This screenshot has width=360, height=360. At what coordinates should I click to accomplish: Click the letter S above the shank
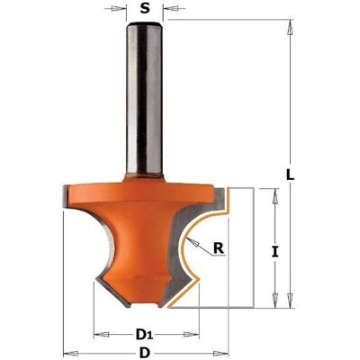(x=145, y=9)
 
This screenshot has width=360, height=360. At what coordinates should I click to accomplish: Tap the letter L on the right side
(x=290, y=175)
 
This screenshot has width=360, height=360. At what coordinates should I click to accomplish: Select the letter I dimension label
(x=274, y=251)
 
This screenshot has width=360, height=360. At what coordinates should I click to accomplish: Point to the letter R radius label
(x=219, y=248)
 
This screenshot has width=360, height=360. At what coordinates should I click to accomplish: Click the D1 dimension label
(x=145, y=334)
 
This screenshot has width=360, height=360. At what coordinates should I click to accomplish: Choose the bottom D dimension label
(x=145, y=352)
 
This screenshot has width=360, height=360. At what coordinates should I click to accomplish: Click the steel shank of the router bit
(x=145, y=99)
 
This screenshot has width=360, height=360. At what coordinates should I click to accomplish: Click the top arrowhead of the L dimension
(x=290, y=29)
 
